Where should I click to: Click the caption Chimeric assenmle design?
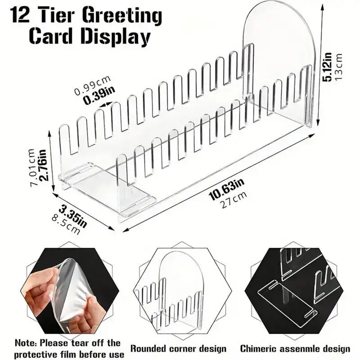click(x=295, y=348)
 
